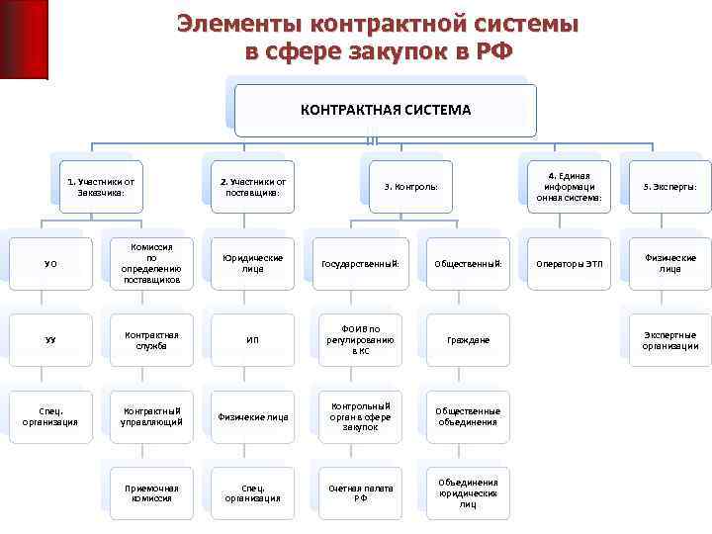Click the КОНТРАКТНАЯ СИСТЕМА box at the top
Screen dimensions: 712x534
386,110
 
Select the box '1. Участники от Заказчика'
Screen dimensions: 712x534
101,186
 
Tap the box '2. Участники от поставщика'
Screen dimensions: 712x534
252,186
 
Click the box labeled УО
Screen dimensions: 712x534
50,264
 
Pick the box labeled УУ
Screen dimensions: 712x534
50,340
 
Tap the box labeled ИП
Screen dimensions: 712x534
252,340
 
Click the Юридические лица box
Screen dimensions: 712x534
252,264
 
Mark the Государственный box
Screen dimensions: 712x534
360,264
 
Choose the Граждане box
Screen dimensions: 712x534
468,340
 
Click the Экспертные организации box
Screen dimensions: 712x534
669,340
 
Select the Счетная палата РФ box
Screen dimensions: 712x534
360,492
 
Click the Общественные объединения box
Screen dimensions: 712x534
468,416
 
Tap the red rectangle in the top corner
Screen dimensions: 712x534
24,38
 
